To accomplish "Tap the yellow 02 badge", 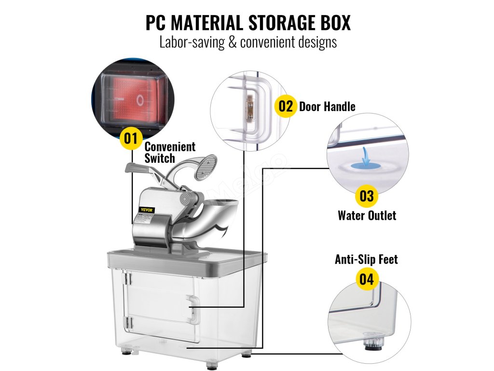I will tap(286, 106).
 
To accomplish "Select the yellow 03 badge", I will tap(367, 197).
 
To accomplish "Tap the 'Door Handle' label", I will tap(327, 107).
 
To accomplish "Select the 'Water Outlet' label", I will tap(367, 215).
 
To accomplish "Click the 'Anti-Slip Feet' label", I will tap(366, 259).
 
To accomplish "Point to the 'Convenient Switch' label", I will tap(169, 152).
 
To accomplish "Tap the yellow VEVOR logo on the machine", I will tap(146, 209).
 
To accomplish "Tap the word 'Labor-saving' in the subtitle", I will tap(189, 42).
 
